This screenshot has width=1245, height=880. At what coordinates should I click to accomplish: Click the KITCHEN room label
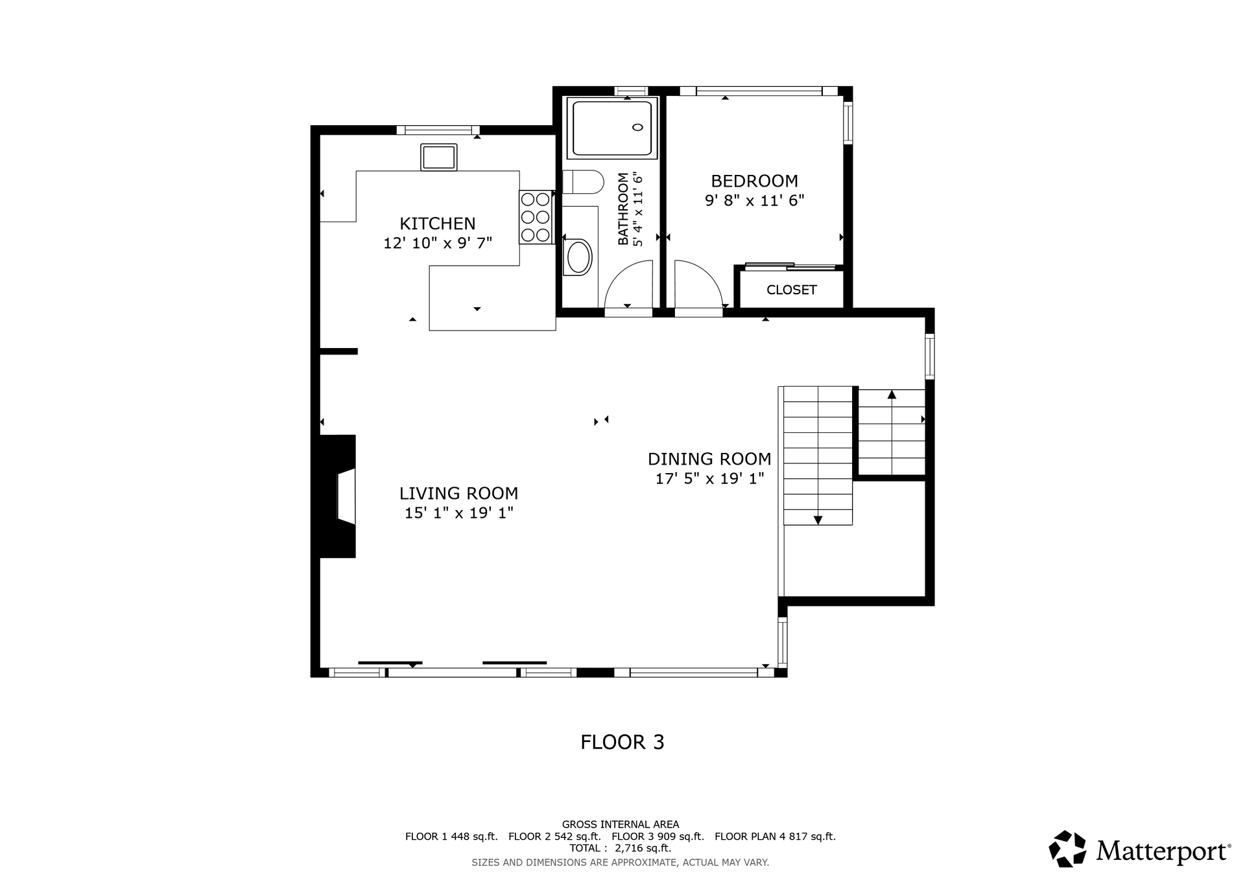point(438,224)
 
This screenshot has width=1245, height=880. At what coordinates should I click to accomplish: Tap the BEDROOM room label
point(754,181)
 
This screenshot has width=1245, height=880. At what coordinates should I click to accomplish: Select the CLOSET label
point(792,290)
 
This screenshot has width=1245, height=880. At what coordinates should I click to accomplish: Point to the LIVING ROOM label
point(458,494)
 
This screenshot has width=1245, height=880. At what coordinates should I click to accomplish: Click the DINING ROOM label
point(709,459)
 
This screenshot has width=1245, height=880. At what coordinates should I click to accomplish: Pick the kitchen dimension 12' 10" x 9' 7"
point(438,244)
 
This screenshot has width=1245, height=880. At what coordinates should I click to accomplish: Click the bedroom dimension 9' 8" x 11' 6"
point(754,200)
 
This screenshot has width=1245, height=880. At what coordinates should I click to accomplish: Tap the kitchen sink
point(439,157)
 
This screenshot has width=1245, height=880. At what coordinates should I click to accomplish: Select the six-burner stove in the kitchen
point(536,217)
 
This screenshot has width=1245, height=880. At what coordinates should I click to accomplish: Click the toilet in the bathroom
point(583,182)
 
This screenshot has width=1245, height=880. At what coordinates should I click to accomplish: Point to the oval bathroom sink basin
point(579,257)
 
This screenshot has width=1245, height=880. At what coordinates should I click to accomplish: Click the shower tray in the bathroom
point(612,128)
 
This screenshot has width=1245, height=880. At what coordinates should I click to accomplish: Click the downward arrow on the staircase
point(818,520)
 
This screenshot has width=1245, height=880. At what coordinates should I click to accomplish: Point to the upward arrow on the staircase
point(892,394)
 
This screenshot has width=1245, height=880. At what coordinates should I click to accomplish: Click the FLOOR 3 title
point(622,743)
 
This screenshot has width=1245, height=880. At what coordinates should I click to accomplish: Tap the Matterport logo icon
point(1067,849)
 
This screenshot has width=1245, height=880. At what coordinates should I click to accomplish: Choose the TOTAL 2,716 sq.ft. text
point(621,848)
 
